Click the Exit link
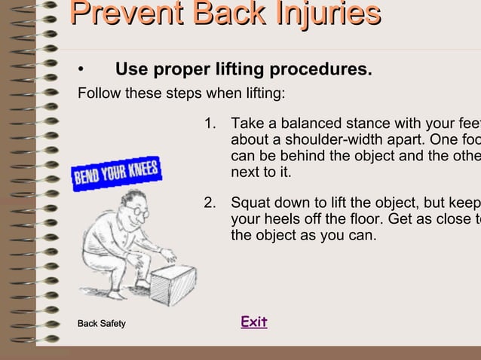[x=254, y=322]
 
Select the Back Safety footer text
[x=102, y=324]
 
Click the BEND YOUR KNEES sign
[x=116, y=173]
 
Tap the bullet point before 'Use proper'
[x=80, y=72]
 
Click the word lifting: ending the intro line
[x=263, y=95]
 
